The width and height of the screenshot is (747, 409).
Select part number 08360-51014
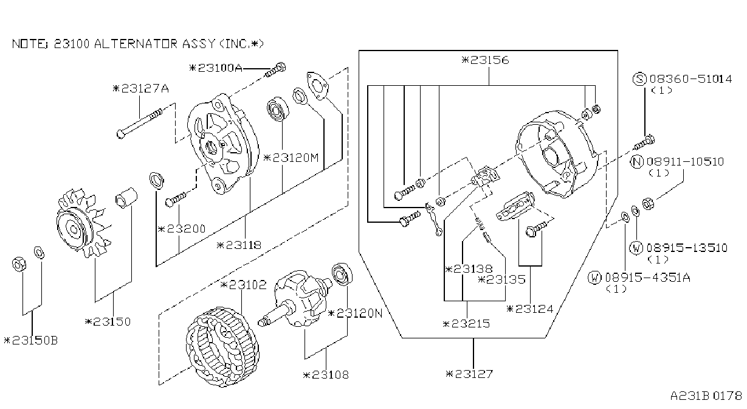click(x=691, y=79)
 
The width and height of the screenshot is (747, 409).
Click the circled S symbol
click(x=639, y=80)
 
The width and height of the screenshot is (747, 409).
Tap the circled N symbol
click(x=637, y=162)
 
